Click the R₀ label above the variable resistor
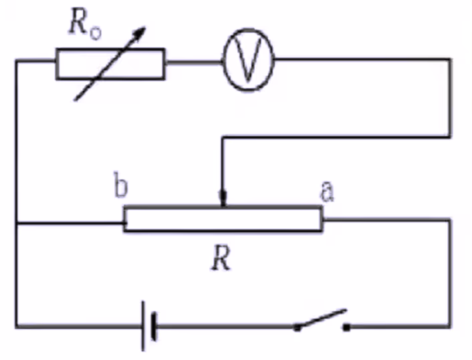(x=84, y=25)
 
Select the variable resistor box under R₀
(x=110, y=64)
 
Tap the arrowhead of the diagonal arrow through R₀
(x=140, y=33)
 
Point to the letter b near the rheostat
(x=120, y=188)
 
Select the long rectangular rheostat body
(x=223, y=218)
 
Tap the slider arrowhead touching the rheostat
(x=223, y=200)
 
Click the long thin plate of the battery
(x=144, y=326)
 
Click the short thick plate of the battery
(x=154, y=327)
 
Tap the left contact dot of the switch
(x=296, y=327)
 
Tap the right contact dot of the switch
(x=347, y=327)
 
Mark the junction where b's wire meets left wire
(x=16, y=223)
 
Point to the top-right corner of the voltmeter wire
(x=450, y=60)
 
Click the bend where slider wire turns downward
(x=223, y=138)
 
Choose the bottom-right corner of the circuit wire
(x=451, y=327)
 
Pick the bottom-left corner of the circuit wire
(x=16, y=327)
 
